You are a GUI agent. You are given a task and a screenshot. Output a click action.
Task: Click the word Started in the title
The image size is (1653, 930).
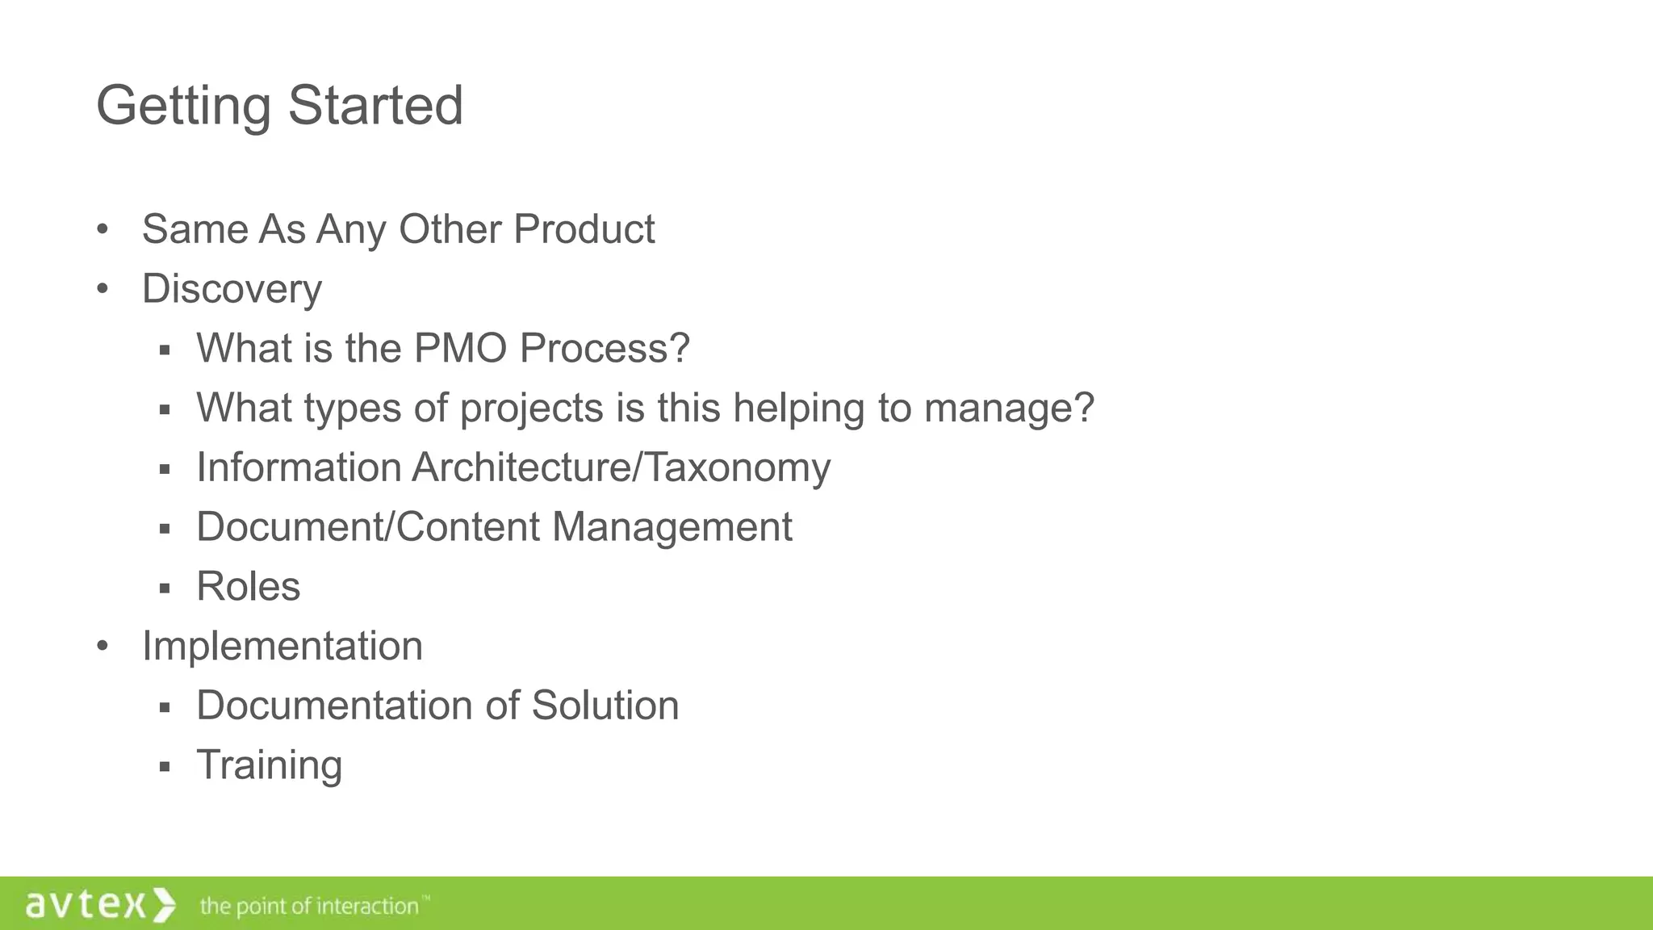375,105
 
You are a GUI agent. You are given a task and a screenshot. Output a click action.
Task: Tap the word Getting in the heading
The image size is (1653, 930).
183,107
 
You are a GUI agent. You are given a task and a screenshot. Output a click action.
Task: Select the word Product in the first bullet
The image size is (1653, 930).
584,229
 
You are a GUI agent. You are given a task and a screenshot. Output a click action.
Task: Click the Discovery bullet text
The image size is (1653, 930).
232,289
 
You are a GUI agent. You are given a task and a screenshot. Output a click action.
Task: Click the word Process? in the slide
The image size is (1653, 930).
605,348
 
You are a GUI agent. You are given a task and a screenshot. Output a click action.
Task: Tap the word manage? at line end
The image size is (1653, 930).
1009,408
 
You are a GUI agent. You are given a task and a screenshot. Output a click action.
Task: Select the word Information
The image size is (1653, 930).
299,467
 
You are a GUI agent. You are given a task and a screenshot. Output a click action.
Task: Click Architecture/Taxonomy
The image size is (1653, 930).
621,467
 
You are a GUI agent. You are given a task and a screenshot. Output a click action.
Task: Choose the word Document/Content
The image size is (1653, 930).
368,526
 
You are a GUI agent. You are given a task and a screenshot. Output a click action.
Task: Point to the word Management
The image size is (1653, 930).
672,527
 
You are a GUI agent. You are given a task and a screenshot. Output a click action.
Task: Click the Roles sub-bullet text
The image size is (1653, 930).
248,586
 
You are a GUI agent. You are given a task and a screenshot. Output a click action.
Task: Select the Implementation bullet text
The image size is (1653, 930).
282,646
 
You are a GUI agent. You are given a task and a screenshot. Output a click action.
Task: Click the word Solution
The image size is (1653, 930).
605,705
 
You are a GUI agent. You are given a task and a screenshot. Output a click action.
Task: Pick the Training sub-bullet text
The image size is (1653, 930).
269,765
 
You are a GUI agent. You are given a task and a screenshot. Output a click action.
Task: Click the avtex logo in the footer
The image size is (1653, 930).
100,904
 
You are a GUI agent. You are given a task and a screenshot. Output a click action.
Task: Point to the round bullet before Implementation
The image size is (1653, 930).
102,647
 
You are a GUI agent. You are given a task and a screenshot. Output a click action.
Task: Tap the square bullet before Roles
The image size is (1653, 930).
165,588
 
